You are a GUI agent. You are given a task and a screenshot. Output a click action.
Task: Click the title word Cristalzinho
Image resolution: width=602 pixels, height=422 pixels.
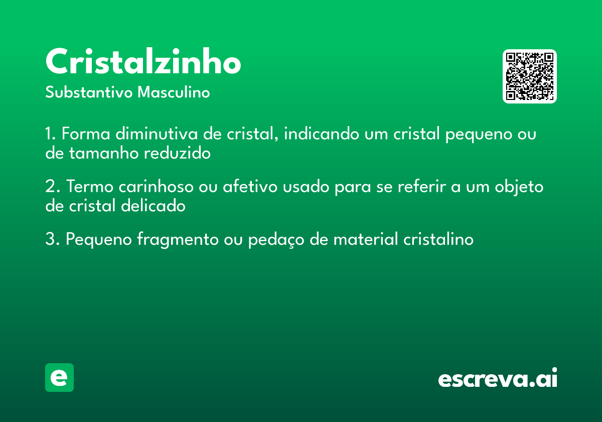pyautogui.click(x=143, y=63)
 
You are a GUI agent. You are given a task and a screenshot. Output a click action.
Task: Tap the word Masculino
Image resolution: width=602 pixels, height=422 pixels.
pyautogui.click(x=174, y=93)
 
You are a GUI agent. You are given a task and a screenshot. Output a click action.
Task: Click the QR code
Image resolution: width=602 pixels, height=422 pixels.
pyautogui.click(x=530, y=76)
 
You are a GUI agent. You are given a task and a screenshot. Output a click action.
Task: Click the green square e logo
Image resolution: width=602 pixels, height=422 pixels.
pyautogui.click(x=59, y=377)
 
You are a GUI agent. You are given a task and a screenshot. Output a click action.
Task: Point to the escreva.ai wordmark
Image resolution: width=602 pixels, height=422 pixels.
pyautogui.click(x=498, y=378)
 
